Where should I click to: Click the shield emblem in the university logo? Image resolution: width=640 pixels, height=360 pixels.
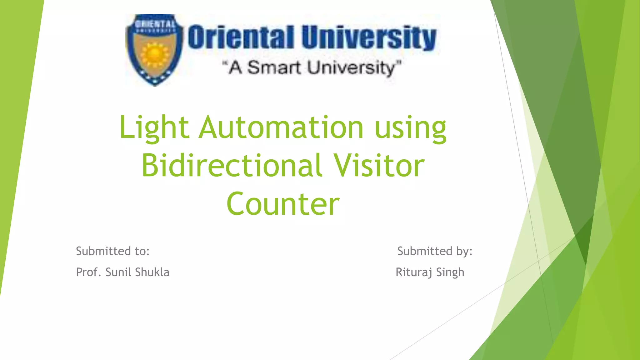pos(155,50)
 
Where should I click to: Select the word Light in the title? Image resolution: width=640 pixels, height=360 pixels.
pos(154,127)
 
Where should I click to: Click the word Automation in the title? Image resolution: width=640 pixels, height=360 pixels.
pos(281,127)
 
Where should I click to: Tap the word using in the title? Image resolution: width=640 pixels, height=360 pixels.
pos(410,128)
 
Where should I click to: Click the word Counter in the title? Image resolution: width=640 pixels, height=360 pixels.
pos(283,204)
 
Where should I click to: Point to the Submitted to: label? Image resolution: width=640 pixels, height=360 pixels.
pos(113,251)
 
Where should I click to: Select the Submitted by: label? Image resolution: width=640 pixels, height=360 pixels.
pos(435,251)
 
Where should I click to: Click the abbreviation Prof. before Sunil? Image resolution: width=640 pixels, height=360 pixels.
pos(89,272)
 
